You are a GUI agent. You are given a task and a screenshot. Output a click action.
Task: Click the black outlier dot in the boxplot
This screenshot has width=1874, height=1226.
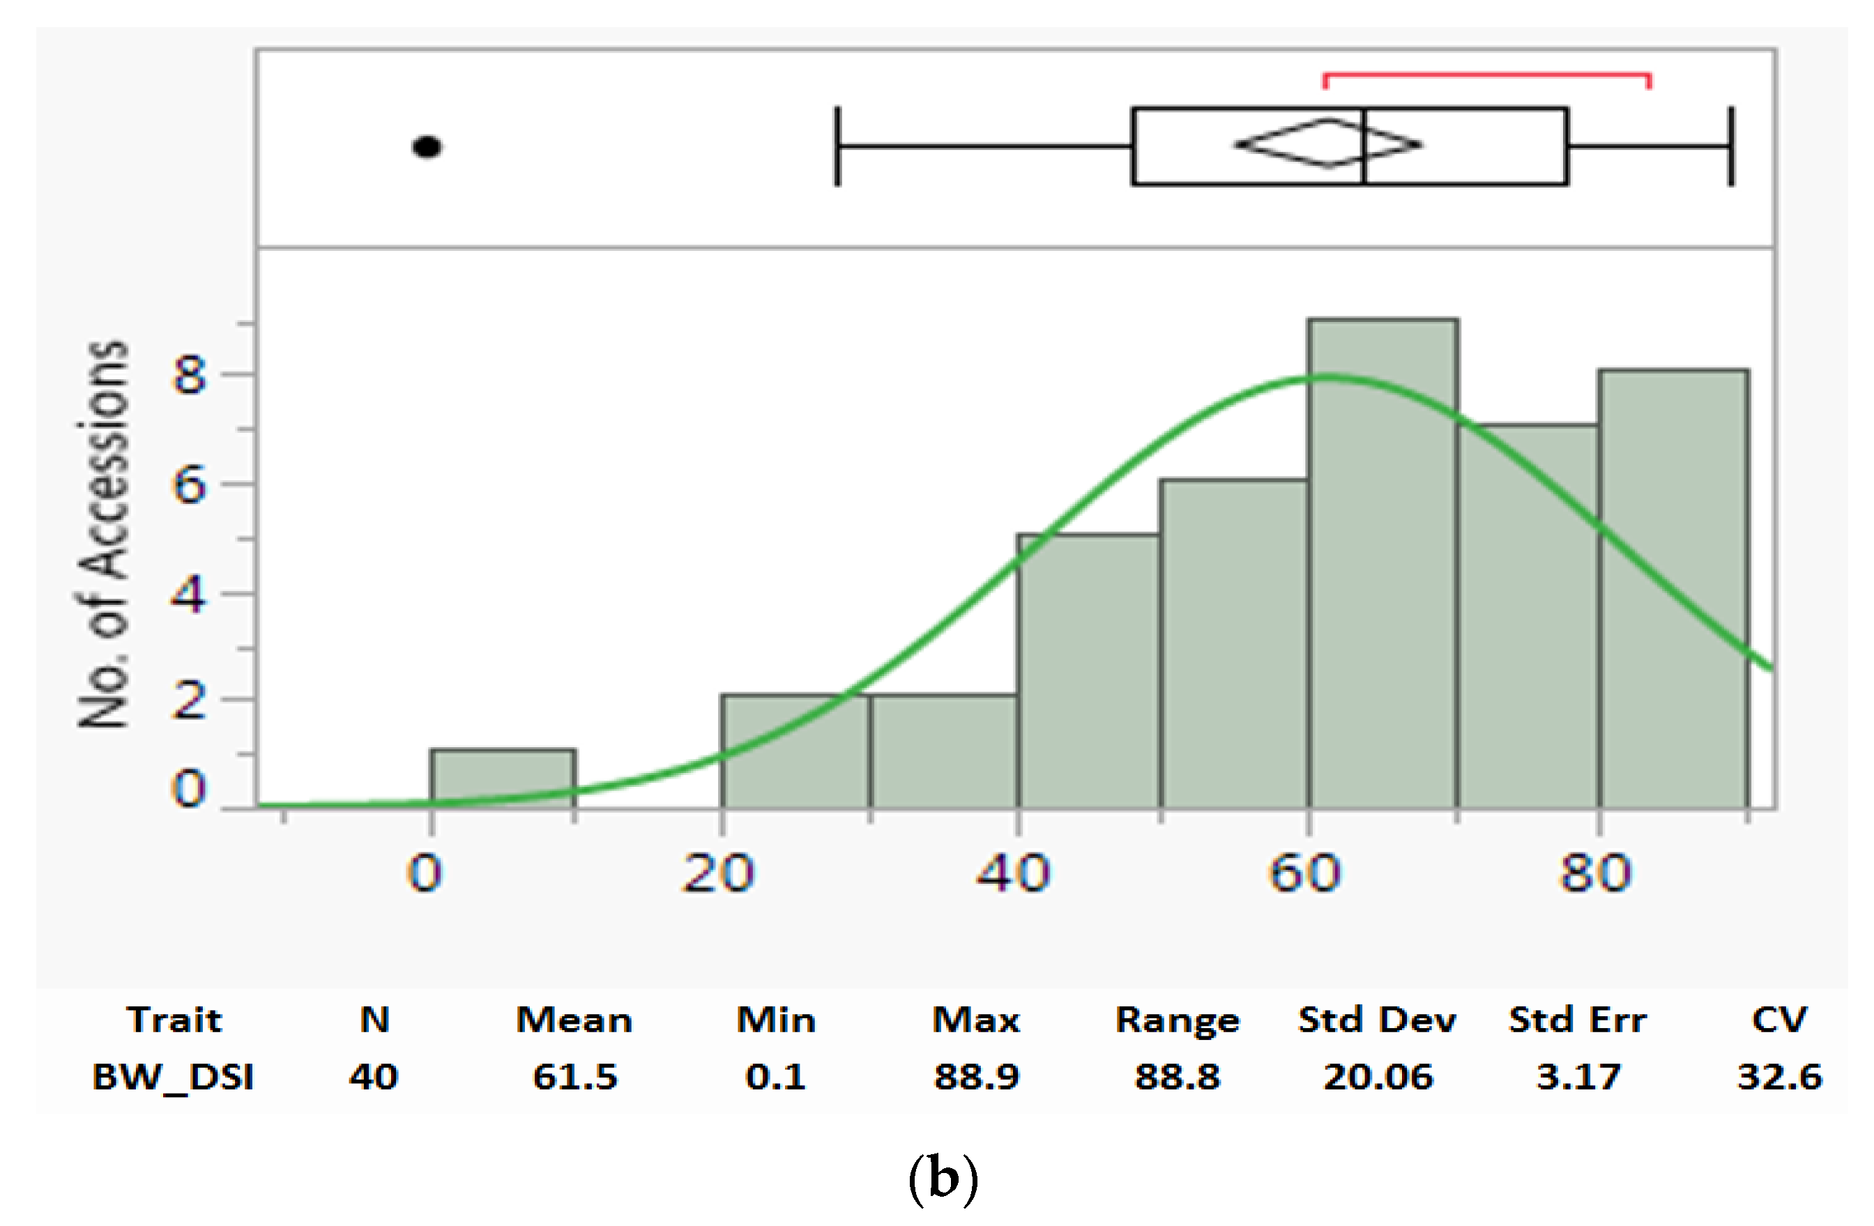tap(427, 147)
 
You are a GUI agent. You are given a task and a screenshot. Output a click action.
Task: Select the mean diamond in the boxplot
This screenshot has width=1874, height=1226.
tap(1328, 144)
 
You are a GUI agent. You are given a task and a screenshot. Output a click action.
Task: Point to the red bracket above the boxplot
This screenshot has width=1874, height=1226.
tap(1486, 75)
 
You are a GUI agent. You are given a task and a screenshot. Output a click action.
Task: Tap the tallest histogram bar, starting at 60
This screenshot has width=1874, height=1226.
tap(1383, 563)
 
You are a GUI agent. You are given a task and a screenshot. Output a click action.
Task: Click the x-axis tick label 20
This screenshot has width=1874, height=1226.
tap(719, 874)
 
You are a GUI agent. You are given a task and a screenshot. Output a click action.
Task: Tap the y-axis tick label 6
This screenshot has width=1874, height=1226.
tap(189, 485)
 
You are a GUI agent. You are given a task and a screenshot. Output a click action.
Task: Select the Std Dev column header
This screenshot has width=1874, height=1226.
tap(1377, 1020)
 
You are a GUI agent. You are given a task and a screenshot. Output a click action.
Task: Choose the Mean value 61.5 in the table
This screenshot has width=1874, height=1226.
tap(574, 1076)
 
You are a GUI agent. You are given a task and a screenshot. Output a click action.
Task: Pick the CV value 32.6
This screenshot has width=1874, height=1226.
tap(1779, 1076)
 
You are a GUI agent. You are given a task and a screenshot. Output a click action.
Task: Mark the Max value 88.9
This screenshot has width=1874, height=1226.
tap(976, 1076)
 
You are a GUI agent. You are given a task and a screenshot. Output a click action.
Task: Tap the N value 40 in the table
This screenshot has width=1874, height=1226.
tap(374, 1076)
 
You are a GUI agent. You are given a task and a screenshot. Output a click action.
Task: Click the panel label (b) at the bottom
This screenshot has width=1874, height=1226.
tap(943, 1178)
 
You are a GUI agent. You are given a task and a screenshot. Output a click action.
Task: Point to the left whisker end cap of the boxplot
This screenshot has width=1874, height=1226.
tap(838, 146)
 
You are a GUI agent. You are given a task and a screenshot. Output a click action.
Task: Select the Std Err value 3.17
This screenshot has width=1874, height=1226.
tap(1578, 1076)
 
